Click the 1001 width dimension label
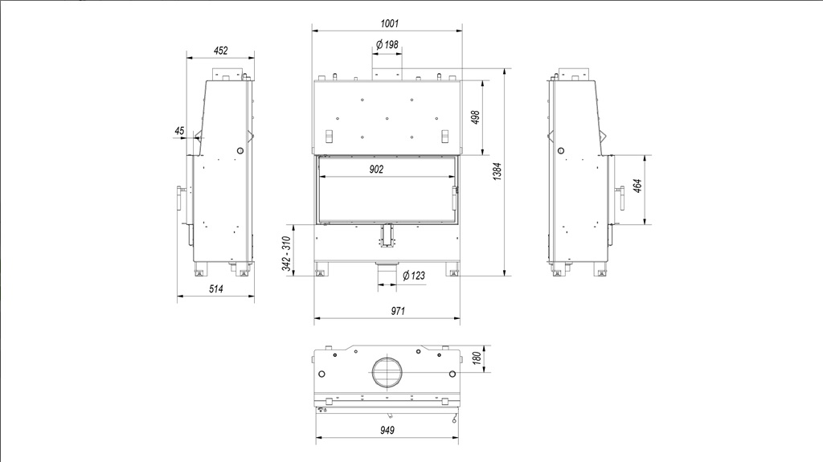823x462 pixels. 390,23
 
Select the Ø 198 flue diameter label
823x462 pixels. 387,45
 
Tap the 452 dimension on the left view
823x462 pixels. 221,51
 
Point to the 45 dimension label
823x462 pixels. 179,131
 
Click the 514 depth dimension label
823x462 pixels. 216,288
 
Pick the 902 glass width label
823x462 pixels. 376,169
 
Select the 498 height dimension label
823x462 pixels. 476,117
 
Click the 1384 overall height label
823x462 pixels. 497,172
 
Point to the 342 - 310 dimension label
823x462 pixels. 287,254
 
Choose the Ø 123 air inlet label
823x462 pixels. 414,276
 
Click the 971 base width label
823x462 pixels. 398,311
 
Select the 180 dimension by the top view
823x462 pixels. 477,358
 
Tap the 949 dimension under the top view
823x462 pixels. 387,431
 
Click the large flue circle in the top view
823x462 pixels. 387,372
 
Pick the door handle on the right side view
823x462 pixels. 621,198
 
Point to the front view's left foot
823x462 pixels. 320,272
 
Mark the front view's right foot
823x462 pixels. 453,272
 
